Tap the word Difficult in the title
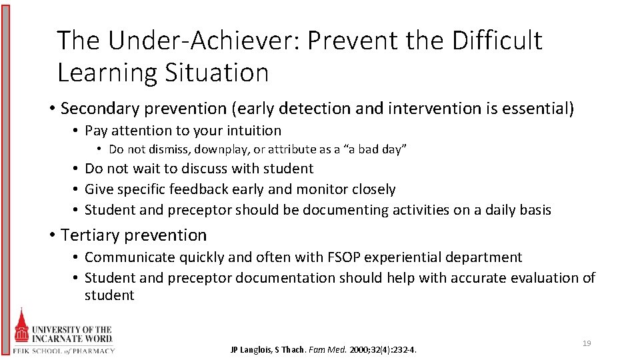tap(498, 41)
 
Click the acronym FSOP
tap(343, 257)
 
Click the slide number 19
tap(587, 343)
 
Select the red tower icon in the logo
tap(22, 327)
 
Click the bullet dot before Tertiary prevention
tap(52, 235)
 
